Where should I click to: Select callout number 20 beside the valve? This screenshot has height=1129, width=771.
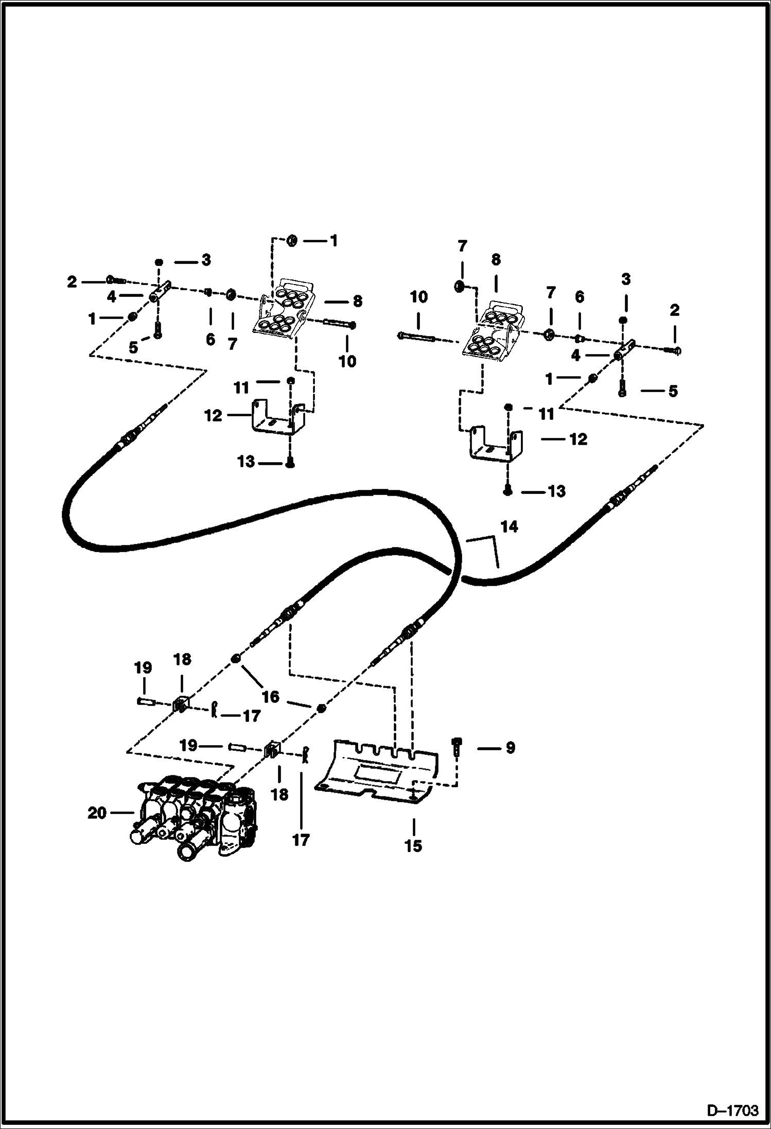(97, 813)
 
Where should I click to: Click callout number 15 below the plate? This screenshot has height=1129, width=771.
(413, 846)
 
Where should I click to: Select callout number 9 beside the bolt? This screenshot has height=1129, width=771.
(510, 748)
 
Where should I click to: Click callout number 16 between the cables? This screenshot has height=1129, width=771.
(271, 697)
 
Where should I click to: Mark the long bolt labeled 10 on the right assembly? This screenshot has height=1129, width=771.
(417, 338)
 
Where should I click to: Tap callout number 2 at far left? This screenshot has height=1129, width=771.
(72, 281)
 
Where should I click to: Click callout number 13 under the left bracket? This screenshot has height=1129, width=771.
(246, 462)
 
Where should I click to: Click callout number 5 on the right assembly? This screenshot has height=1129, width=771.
(673, 391)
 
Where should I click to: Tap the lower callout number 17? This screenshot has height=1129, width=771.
(301, 840)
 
